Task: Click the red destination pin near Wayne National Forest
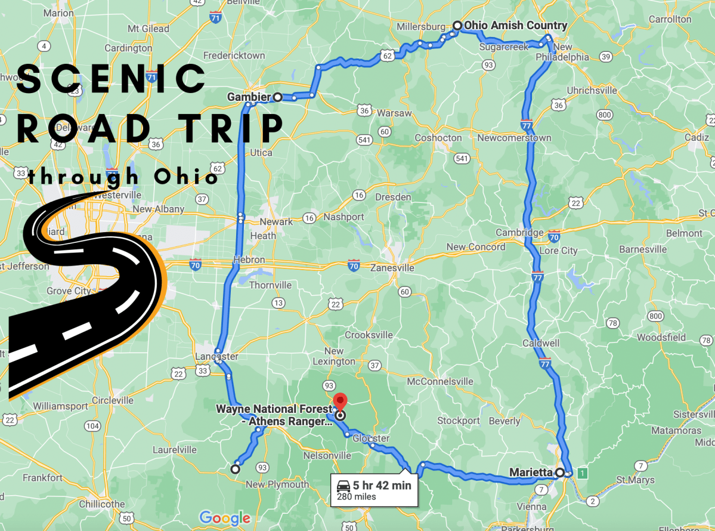pos(339,401)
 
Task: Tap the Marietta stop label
pos(531,473)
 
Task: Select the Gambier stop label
pos(249,97)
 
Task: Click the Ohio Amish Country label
pos(515,26)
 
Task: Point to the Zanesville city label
pos(392,268)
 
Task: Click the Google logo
pos(224,517)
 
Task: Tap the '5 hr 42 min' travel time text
pos(382,486)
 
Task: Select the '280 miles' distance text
pos(356,497)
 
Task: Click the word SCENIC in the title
pos(111,78)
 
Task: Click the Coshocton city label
pos(438,138)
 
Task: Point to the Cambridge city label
pos(520,233)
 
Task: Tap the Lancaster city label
pos(216,357)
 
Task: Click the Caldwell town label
pos(541,343)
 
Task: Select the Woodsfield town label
pos(661,337)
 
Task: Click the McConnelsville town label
pos(440,381)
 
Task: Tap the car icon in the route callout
pos(343,485)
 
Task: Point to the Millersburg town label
pos(421,27)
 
